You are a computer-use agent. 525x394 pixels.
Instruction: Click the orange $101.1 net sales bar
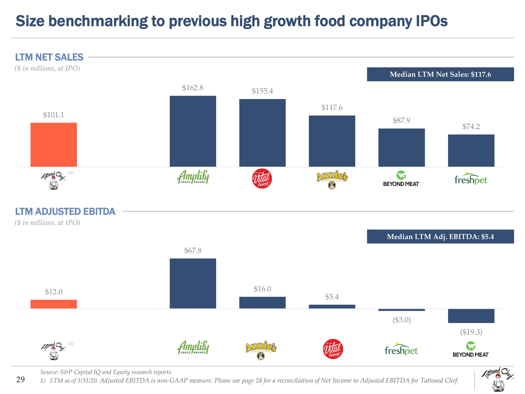54,144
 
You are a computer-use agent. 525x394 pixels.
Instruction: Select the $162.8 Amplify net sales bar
193,131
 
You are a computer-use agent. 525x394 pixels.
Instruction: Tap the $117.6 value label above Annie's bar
332,107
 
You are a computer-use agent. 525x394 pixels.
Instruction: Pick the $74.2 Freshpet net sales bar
471,151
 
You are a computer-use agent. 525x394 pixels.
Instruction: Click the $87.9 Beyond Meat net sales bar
401,147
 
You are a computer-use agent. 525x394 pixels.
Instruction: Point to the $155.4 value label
262,91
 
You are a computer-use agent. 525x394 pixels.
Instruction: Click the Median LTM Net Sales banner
440,74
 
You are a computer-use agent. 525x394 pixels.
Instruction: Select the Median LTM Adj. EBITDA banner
440,237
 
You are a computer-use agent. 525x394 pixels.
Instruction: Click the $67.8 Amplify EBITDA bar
193,283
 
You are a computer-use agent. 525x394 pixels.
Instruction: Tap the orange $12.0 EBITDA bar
54,304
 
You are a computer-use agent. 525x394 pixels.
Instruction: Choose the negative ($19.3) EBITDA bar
471,316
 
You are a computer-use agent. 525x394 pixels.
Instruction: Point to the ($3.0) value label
401,320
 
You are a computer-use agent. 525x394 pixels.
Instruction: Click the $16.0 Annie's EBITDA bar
262,302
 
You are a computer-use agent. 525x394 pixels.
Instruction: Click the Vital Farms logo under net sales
262,179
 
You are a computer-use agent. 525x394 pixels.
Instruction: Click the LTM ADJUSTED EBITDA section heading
65,211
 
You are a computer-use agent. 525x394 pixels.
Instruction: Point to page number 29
20,379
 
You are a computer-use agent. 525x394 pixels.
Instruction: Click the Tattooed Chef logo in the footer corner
497,379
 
